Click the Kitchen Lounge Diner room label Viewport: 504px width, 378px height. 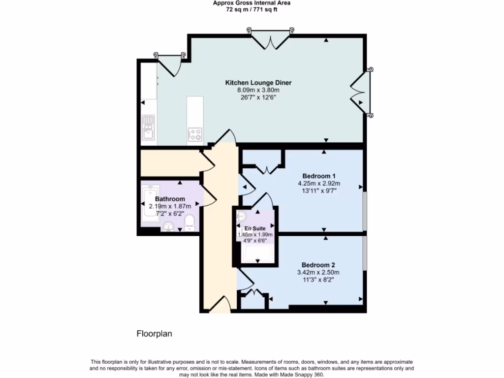(x=258, y=83)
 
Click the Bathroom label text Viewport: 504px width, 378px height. (x=170, y=199)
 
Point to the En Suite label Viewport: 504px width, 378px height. (x=255, y=228)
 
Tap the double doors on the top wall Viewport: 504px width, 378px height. (x=270, y=39)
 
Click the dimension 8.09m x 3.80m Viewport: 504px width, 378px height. (x=258, y=90)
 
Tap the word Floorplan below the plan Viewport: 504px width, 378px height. (x=154, y=333)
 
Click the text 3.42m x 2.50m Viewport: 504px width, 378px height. (x=318, y=272)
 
